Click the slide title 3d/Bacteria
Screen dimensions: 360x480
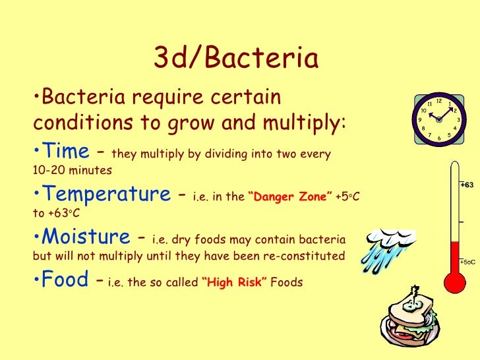coord(236,59)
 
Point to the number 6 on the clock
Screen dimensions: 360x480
coord(439,139)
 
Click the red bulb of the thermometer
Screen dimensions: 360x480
coord(452,281)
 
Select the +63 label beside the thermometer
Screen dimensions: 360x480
coord(468,185)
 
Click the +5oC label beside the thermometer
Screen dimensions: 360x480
coord(468,262)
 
